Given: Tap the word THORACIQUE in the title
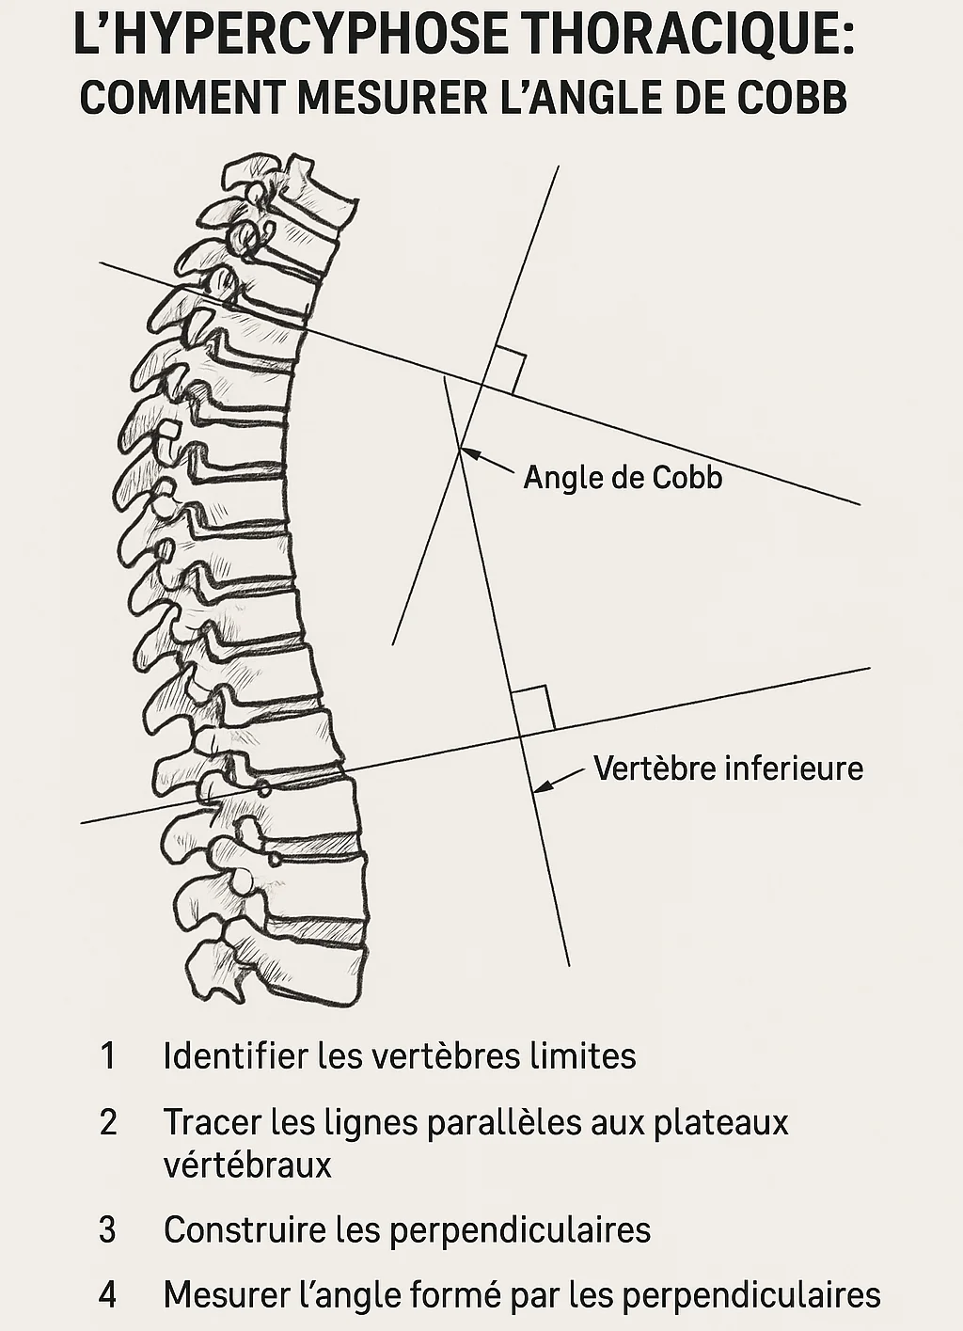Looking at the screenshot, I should point(687,39).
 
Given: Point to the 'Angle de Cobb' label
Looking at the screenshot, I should point(623,478).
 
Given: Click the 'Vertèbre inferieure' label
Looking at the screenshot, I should point(728,768).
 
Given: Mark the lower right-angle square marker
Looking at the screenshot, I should point(532,708).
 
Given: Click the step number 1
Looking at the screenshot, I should point(108,1056).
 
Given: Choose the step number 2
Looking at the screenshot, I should point(108,1122).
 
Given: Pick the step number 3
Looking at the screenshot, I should point(108,1230).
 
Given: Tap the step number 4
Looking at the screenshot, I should point(108,1295).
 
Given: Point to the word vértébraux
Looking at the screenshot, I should point(247,1165).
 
